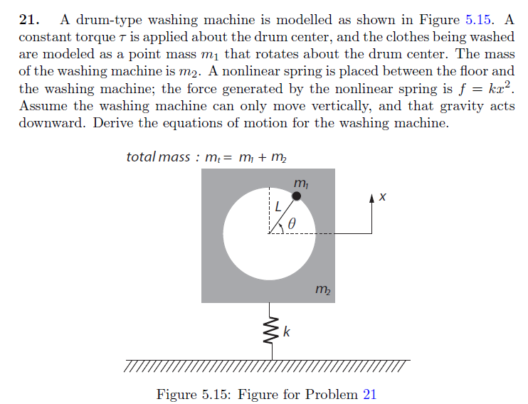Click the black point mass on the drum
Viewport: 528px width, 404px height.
(296, 196)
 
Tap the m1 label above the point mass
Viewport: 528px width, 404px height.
(301, 184)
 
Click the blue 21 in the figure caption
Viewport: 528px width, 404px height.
(369, 394)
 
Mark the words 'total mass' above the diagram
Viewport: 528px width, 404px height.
(157, 156)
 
